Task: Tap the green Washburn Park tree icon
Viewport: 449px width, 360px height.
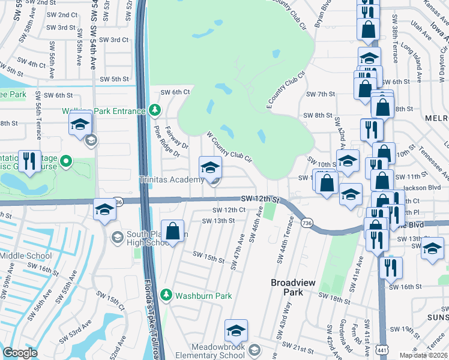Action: click(165, 295)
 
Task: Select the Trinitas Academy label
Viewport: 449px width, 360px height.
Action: click(171, 180)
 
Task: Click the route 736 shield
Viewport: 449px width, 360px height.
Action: click(307, 222)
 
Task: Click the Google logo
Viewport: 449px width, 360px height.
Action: click(20, 353)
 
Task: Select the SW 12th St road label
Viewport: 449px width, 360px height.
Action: click(261, 199)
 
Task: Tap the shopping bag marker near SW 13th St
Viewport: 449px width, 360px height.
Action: click(173, 232)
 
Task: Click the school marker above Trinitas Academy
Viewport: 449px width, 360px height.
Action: click(210, 168)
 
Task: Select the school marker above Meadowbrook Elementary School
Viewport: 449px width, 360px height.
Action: click(236, 331)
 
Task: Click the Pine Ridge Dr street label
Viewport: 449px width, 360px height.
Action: click(167, 142)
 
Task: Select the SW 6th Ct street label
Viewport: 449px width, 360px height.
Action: click(175, 92)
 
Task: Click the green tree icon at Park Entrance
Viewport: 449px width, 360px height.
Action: click(155, 110)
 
